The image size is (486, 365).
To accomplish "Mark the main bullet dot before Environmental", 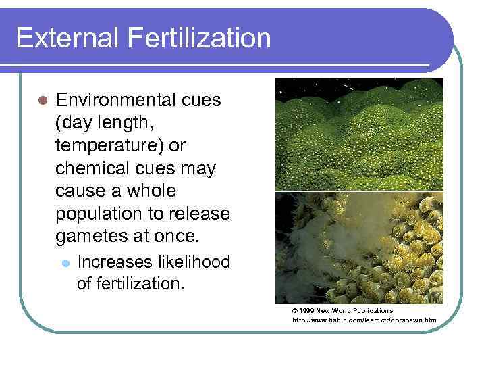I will coord(42,101).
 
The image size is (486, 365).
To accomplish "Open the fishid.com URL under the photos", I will coord(364,320).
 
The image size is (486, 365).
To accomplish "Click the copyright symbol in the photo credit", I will coord(295,310).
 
